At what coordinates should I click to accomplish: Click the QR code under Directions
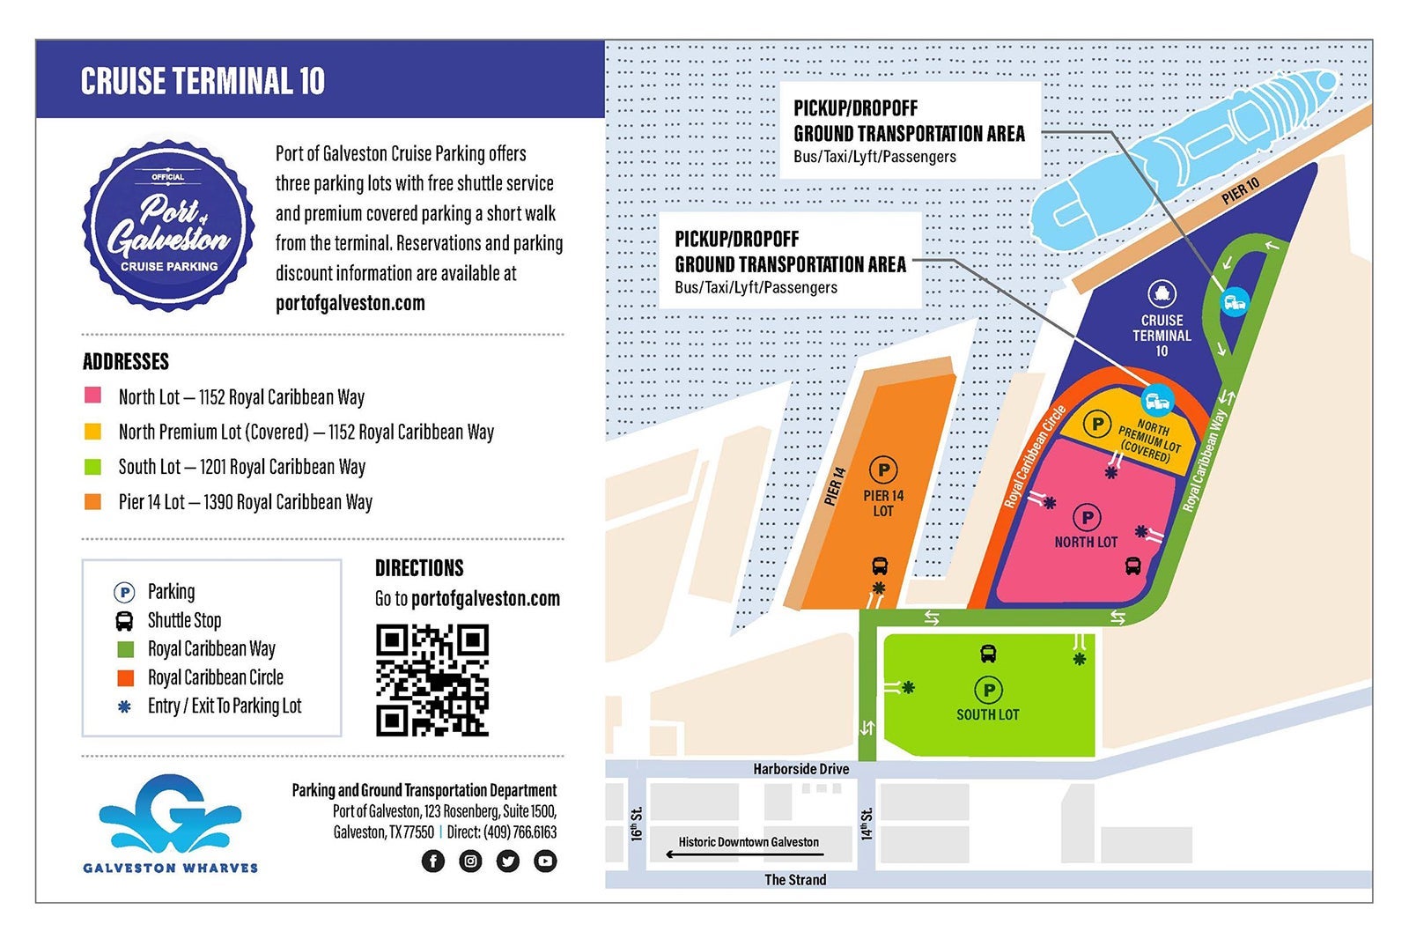click(432, 680)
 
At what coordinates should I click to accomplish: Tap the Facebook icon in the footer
click(432, 861)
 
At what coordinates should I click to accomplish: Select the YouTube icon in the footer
click(545, 861)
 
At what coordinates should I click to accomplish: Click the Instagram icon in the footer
click(470, 861)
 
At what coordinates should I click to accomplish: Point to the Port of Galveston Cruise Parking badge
click(168, 226)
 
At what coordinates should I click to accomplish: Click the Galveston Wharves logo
click(171, 824)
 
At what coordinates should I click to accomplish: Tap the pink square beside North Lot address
click(92, 396)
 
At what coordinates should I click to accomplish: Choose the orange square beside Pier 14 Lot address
click(92, 501)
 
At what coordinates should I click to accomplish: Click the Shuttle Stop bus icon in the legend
click(125, 620)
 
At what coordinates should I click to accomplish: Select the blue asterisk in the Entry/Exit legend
click(125, 706)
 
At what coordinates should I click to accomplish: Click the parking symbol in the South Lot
click(988, 690)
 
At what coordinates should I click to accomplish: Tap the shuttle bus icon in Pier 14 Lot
click(879, 566)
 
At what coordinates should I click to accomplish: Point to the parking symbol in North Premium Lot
click(1096, 425)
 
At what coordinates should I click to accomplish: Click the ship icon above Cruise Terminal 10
click(1162, 293)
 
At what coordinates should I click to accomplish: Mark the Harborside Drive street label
click(800, 769)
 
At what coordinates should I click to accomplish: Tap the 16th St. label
click(637, 824)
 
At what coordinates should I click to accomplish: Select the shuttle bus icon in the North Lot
click(1132, 566)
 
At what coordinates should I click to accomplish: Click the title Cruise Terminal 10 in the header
click(203, 81)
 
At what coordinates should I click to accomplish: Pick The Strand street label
click(795, 879)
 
